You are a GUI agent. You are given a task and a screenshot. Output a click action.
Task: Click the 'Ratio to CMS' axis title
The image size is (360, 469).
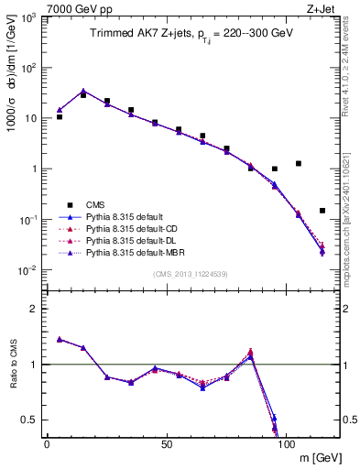pyautogui.click(x=14, y=365)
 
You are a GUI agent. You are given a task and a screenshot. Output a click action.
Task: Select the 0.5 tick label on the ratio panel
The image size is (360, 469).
pyautogui.click(x=30, y=420)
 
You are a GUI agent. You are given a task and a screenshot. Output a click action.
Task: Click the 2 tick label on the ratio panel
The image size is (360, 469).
pyautogui.click(x=35, y=309)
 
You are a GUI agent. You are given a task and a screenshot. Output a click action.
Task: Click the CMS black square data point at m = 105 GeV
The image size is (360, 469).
pyautogui.click(x=299, y=164)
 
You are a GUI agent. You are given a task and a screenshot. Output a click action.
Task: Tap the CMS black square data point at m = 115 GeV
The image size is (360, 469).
pyautogui.click(x=322, y=211)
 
